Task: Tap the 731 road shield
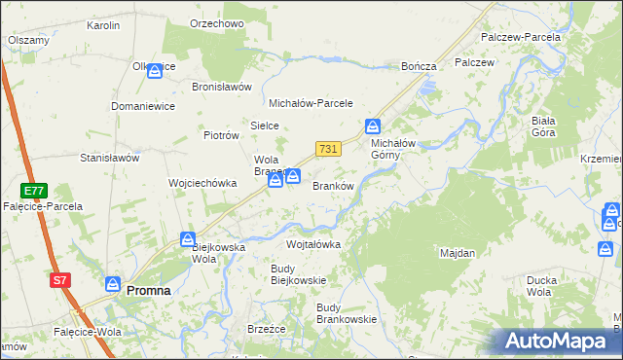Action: pyautogui.click(x=328, y=148)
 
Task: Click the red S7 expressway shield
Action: pyautogui.click(x=60, y=280)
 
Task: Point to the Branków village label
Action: pyautogui.click(x=331, y=186)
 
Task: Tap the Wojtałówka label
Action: pyautogui.click(x=313, y=244)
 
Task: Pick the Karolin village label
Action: pyautogui.click(x=103, y=25)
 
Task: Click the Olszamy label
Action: pyautogui.click(x=29, y=40)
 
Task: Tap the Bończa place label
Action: pyautogui.click(x=420, y=66)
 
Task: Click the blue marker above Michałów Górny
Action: pyautogui.click(x=373, y=126)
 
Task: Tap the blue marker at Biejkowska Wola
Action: pyautogui.click(x=189, y=238)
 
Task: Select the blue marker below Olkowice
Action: pyautogui.click(x=155, y=71)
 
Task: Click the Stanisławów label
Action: pyautogui.click(x=110, y=157)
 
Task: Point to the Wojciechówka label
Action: pyautogui.click(x=203, y=182)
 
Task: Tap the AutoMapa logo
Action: pyautogui.click(x=556, y=341)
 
